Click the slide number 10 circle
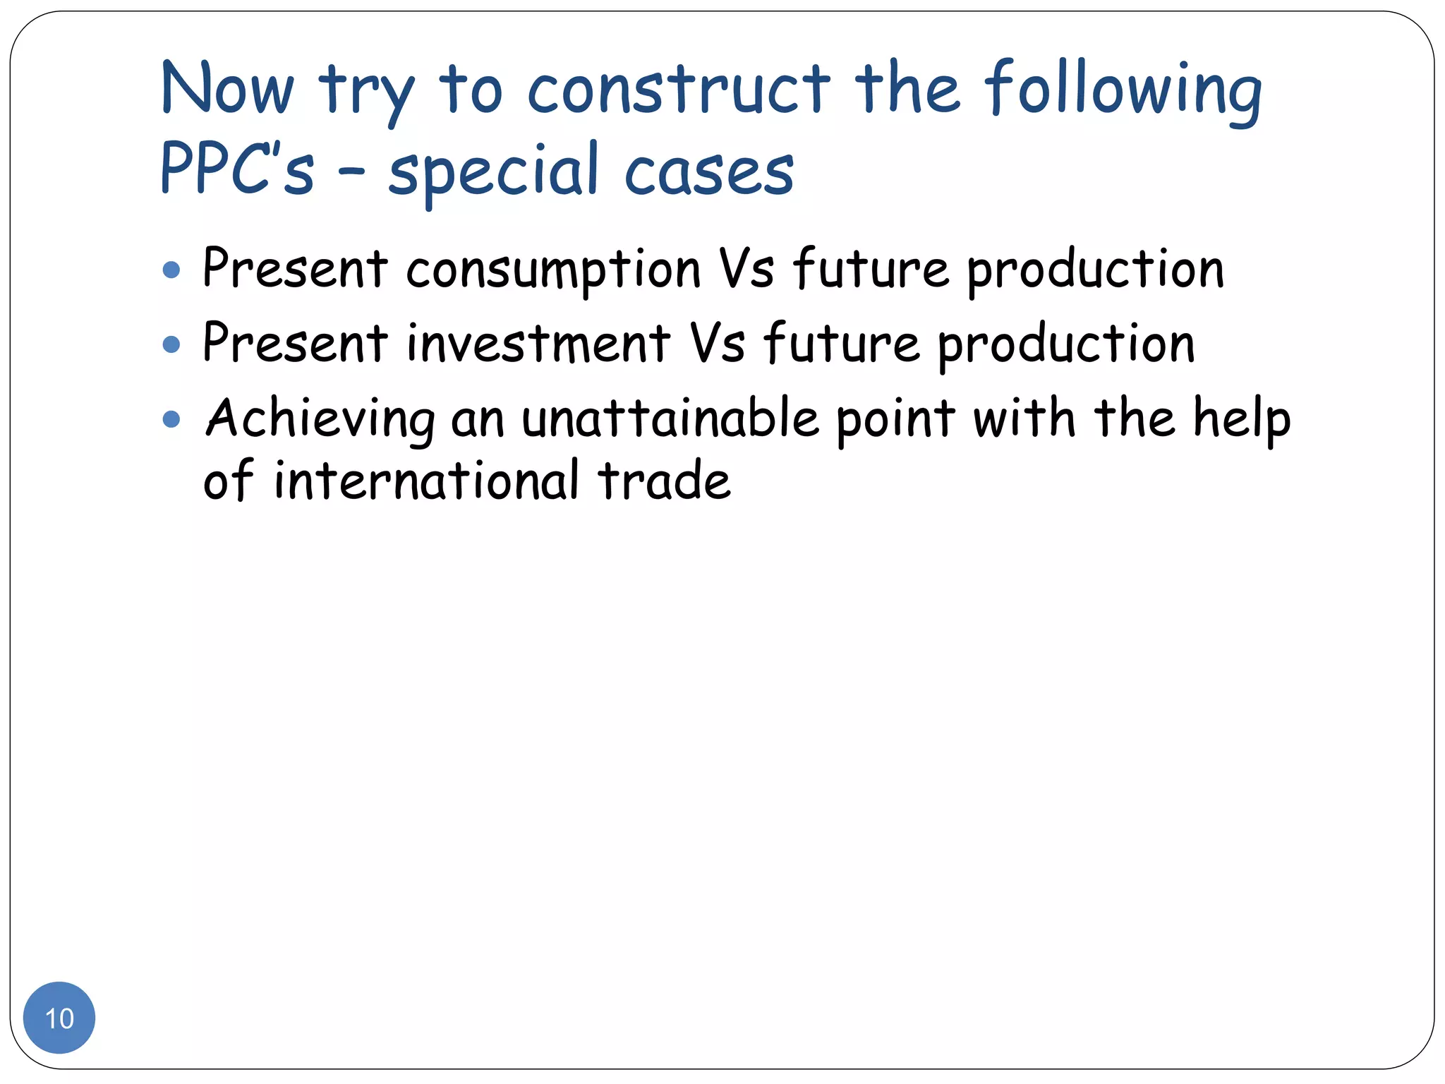click(59, 1018)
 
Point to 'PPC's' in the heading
click(237, 169)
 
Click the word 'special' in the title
click(493, 171)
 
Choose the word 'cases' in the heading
click(709, 172)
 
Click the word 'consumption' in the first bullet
click(553, 270)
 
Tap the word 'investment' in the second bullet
click(538, 344)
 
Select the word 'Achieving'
click(320, 419)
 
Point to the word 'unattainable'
click(670, 419)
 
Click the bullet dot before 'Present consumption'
click(171, 270)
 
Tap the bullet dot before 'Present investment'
click(171, 344)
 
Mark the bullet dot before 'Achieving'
click(171, 420)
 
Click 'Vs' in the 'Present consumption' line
click(746, 270)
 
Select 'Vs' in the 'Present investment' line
click(717, 344)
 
